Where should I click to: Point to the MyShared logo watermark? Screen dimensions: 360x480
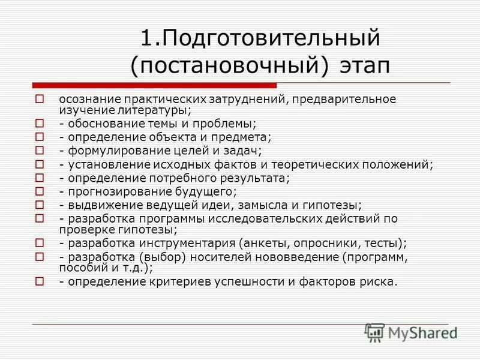[412, 332]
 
